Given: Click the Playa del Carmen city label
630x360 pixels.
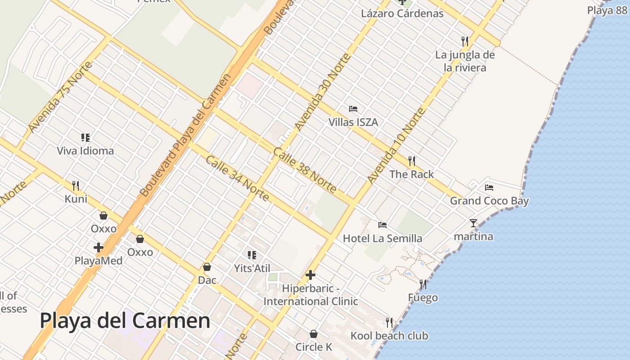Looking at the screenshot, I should pos(125,321).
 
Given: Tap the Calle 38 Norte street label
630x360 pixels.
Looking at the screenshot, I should pos(305,170).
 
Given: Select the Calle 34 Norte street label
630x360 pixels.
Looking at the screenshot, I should pos(238,179).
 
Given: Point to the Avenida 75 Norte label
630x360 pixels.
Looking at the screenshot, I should pos(60,97).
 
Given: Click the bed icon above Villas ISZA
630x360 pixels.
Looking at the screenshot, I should pos(353,109).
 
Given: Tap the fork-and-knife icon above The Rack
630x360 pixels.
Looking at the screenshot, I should pos(411,161).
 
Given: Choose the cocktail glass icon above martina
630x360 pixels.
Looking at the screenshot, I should pos(473,223).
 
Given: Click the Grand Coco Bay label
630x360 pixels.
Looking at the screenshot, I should pos(489,201).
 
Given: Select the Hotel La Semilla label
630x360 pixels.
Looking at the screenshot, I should pos(382,238).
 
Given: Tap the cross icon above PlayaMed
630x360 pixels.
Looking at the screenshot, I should pos(99,247).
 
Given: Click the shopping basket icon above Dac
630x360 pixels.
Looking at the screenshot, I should pos(207,267).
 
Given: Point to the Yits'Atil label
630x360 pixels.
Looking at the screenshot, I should pos(252,268).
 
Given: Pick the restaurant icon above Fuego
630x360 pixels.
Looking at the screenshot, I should pos(423,284).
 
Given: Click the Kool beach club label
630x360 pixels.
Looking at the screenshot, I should pos(389,336).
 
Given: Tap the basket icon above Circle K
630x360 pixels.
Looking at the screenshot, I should pos(314,334).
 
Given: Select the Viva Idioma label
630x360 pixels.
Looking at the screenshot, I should pos(85,151).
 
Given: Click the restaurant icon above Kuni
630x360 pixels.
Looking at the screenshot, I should pos(76,185).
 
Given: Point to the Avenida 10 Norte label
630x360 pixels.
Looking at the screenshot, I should pos(396,145).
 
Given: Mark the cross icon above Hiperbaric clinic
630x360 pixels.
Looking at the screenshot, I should pos(310,274).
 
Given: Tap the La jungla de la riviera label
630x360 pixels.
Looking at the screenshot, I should pos(465,61).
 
